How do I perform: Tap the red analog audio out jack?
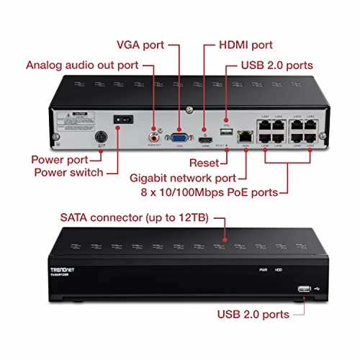(x=153, y=134)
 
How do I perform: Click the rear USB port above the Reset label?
(x=226, y=134)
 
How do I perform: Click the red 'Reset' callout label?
(x=204, y=163)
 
